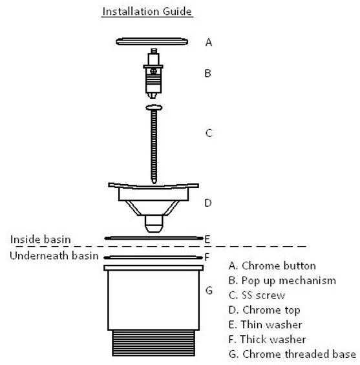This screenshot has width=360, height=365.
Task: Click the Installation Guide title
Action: click(x=147, y=12)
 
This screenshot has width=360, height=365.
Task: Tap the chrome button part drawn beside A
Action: click(x=152, y=41)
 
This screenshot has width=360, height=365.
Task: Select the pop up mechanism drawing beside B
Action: click(x=153, y=74)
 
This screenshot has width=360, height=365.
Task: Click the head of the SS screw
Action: click(x=154, y=107)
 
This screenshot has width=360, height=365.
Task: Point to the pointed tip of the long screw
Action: click(x=154, y=182)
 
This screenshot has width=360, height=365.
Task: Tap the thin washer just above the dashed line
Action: click(x=154, y=238)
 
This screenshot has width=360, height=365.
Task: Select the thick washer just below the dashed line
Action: click(x=153, y=258)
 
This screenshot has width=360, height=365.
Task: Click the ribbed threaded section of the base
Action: click(x=153, y=343)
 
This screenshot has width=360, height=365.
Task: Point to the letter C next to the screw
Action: click(x=209, y=133)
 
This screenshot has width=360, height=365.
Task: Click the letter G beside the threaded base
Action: click(x=209, y=290)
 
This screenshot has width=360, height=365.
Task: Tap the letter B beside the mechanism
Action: click(x=207, y=74)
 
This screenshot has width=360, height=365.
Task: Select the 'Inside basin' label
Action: click(x=41, y=239)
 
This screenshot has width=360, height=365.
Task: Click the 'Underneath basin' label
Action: click(x=54, y=256)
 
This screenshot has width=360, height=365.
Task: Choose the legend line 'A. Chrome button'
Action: click(x=272, y=266)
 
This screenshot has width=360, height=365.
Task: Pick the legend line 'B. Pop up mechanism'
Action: click(x=282, y=281)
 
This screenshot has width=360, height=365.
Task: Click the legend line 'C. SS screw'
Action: click(x=257, y=295)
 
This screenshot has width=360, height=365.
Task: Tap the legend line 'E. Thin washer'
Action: click(x=266, y=325)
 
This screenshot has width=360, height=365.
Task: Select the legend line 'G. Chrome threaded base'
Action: click(x=293, y=354)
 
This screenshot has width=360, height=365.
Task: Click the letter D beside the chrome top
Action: click(x=208, y=203)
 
